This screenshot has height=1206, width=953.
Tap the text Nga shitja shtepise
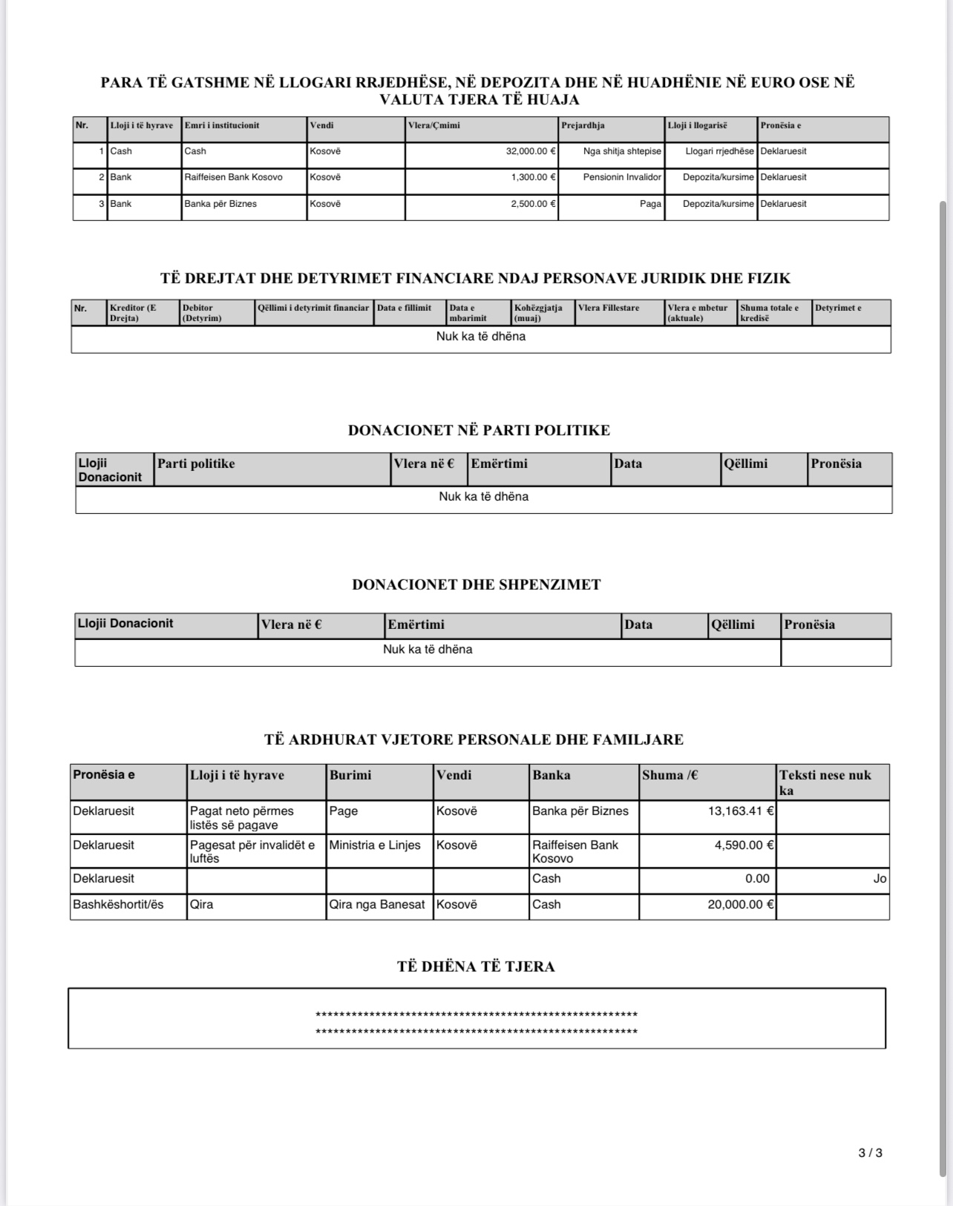[x=622, y=151]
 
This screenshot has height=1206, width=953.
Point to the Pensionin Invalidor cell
[x=622, y=177]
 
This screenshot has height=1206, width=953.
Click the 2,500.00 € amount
[x=533, y=204]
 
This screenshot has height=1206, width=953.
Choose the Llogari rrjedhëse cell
[x=719, y=151]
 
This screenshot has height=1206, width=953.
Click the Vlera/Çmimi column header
[x=434, y=125]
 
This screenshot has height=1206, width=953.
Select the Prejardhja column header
[x=583, y=125]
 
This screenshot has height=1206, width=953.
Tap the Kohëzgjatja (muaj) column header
[x=538, y=312]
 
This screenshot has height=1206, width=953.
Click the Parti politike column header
[x=196, y=464]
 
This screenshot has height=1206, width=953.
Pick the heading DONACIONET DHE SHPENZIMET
[x=477, y=584]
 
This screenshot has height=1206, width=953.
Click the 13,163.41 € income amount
[x=741, y=811]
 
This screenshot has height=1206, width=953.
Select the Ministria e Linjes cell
[x=375, y=845]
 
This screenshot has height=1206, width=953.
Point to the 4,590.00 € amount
[x=744, y=845]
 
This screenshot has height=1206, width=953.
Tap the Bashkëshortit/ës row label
[x=118, y=904]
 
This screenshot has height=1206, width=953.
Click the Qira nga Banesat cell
[x=377, y=904]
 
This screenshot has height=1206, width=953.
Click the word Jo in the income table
[x=880, y=879]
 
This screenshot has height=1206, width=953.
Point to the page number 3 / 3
[x=870, y=1153]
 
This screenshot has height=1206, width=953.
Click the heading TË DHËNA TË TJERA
[x=476, y=966]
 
